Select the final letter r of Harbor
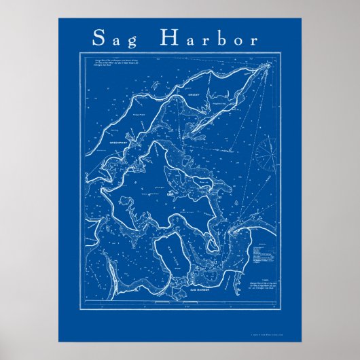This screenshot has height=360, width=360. click(253, 39)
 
